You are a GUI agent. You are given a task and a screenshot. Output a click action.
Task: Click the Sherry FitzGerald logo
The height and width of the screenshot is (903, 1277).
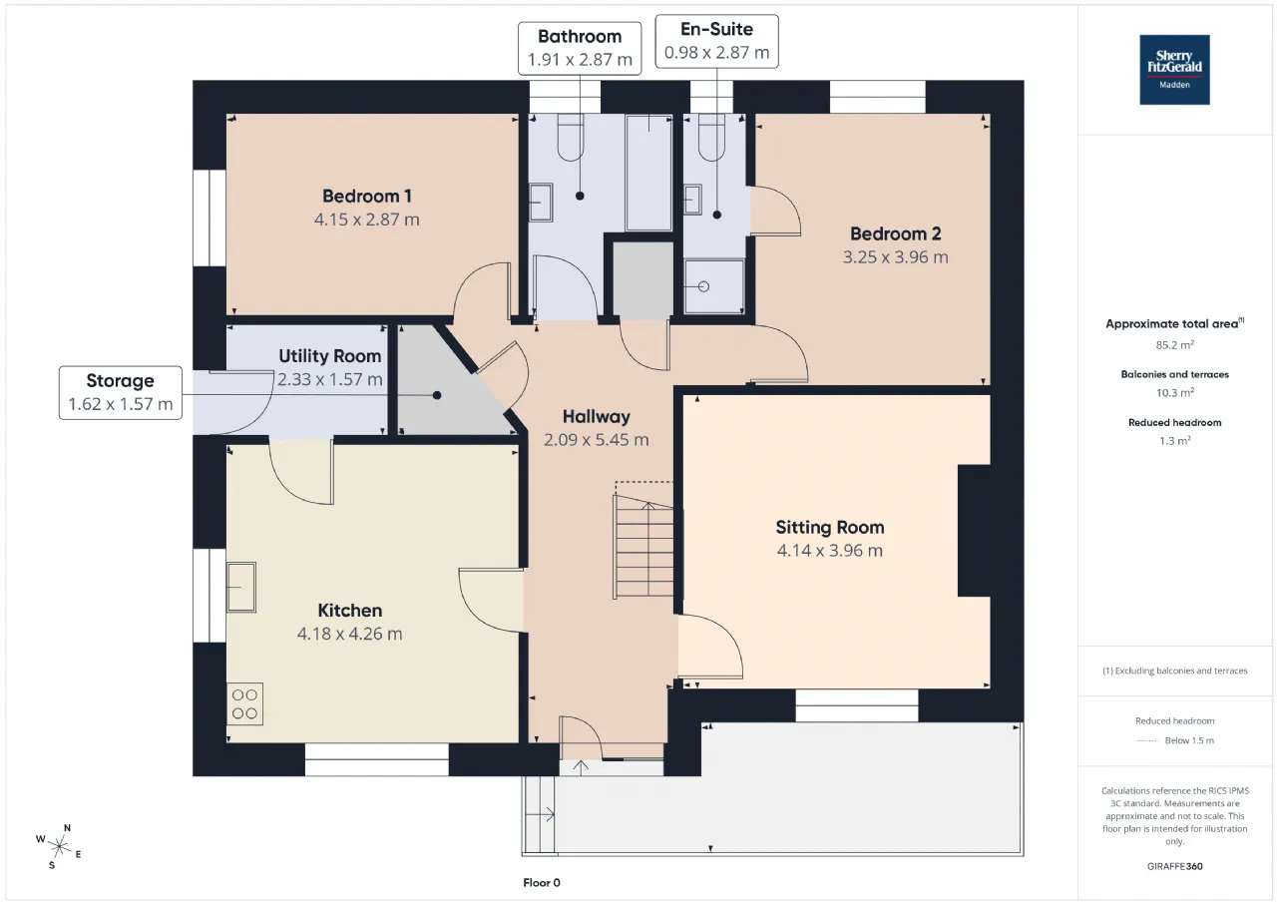pos(1174,70)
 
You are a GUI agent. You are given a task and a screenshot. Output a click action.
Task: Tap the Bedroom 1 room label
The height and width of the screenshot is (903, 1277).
pos(366,197)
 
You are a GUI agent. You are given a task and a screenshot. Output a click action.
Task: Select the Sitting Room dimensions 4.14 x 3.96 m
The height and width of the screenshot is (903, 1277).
pos(829,551)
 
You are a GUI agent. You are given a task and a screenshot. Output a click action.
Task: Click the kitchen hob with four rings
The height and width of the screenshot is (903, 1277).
pos(244,704)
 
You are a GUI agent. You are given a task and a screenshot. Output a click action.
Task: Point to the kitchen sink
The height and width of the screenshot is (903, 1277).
pos(241,587)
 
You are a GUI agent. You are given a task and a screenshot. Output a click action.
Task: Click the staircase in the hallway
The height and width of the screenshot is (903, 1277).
pos(643,547)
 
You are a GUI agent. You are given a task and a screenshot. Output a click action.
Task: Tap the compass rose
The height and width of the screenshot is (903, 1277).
pos(59,847)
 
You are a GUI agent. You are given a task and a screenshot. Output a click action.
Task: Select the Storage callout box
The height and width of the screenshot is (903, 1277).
pos(121,393)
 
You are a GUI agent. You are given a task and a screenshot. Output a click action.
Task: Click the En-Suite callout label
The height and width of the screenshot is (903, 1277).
pos(716,30)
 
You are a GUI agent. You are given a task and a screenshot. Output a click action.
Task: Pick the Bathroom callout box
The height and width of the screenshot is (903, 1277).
pos(580,49)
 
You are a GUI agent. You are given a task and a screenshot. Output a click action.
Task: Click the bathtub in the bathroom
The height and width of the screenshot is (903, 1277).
pos(648,173)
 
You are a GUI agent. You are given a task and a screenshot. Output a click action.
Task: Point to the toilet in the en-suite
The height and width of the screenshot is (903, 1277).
pos(711,137)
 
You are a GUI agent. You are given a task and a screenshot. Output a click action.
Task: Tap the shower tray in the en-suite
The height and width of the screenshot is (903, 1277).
pos(714,286)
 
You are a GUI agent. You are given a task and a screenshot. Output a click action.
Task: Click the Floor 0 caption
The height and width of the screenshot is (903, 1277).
pos(542,882)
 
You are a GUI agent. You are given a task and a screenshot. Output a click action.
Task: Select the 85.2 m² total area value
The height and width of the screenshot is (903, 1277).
pos(1174,345)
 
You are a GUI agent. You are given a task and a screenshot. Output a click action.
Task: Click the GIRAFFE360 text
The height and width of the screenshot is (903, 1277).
pos(1174,866)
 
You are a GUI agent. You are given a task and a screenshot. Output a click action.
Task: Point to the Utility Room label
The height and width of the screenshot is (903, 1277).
pos(329,356)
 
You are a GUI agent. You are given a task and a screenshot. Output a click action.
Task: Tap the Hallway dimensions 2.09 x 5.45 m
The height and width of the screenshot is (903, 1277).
pos(597,440)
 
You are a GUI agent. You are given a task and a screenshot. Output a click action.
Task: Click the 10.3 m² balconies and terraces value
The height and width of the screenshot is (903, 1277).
pos(1174,393)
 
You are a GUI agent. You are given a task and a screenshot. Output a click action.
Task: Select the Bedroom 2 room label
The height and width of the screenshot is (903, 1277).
pos(896,233)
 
